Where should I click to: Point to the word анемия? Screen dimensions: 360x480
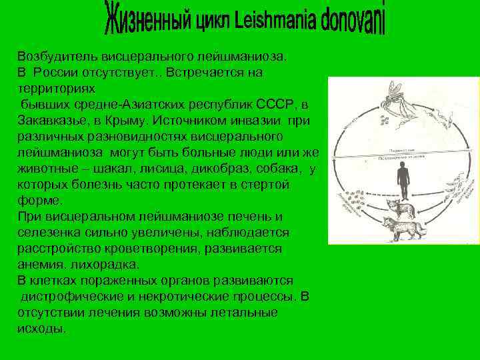41,264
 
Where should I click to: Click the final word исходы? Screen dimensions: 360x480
41,328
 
